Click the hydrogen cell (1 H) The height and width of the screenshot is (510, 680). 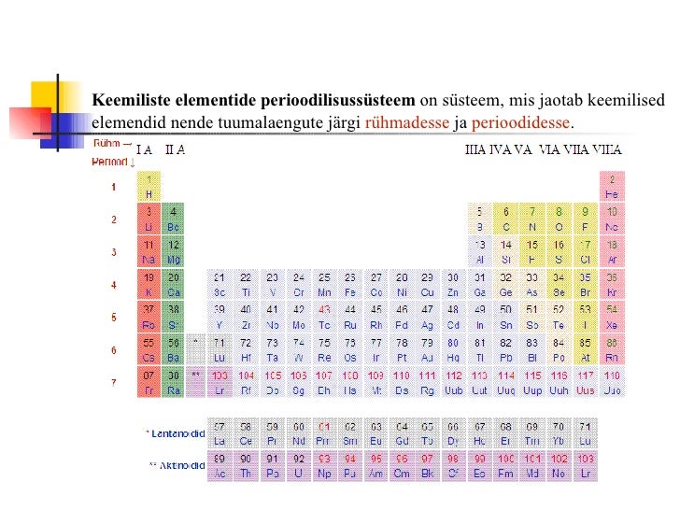coord(149,187)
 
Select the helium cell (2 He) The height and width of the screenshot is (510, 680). coord(612,187)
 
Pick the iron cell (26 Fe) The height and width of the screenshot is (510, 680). coord(350,285)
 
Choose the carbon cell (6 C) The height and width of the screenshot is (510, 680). coord(506,220)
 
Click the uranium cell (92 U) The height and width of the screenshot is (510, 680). coord(298,465)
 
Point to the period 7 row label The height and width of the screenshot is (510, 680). coord(114,383)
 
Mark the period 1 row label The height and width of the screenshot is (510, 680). coord(114,188)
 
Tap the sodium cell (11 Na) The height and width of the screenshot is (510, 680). coord(149,252)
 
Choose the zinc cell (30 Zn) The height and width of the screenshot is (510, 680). coord(453,285)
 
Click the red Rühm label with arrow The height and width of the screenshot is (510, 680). coord(111,145)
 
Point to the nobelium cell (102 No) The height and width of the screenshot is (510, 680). coord(559,465)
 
